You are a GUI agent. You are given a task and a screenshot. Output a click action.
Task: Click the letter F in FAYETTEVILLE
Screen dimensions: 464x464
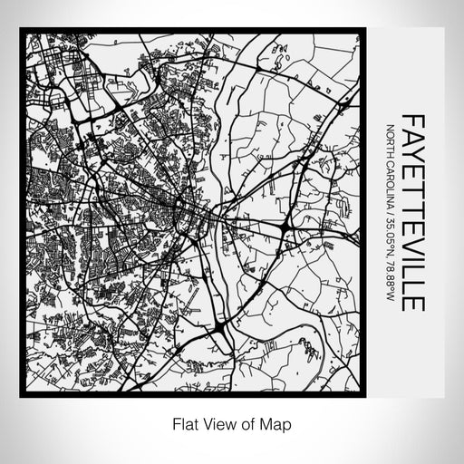(x=411, y=120)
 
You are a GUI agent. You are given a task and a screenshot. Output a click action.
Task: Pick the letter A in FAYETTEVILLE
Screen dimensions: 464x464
(x=411, y=136)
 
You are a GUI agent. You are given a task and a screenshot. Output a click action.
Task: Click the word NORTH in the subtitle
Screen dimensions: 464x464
(x=391, y=138)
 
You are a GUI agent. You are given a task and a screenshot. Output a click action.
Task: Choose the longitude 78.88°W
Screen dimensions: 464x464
(x=391, y=285)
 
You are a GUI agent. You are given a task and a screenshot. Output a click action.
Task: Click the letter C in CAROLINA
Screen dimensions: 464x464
(x=391, y=161)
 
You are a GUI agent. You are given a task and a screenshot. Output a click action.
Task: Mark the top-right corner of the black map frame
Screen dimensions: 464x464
(x=359, y=33)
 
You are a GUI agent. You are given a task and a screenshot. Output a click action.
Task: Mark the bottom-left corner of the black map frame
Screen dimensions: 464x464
(x=21, y=396)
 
